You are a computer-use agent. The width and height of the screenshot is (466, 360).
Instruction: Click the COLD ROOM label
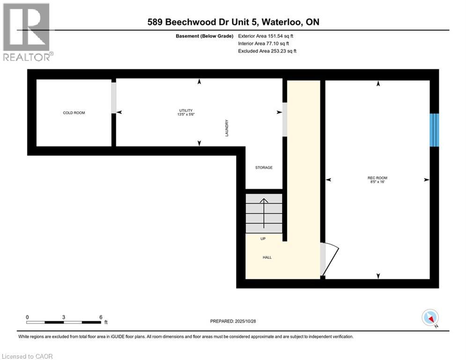pyautogui.click(x=74, y=113)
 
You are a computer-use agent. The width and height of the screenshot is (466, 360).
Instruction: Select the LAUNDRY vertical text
pyautogui.click(x=226, y=127)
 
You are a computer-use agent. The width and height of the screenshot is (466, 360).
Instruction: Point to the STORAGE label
pyautogui.click(x=264, y=167)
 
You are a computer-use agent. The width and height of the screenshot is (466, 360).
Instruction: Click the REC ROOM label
pyautogui.click(x=377, y=178)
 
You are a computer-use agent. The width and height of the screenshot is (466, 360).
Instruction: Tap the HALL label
pyautogui.click(x=267, y=257)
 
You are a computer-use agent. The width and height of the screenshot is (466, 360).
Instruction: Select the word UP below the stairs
pyautogui.click(x=263, y=239)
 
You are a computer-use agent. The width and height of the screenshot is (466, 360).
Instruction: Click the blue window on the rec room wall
pyautogui.click(x=435, y=130)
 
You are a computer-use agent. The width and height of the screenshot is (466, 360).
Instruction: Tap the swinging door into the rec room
pyautogui.click(x=331, y=261)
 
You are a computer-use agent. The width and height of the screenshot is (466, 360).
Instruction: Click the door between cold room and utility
pyautogui.click(x=113, y=97)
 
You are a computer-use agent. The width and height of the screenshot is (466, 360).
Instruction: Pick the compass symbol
pyautogui.click(x=429, y=318)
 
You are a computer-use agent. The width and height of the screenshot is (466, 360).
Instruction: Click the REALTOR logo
pyautogui.click(x=26, y=32)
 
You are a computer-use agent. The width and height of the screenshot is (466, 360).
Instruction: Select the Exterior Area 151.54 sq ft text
pyautogui.click(x=266, y=36)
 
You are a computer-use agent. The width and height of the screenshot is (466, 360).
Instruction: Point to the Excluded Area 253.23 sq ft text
pyautogui.click(x=267, y=51)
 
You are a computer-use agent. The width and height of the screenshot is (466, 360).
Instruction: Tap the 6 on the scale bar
pyautogui.click(x=101, y=317)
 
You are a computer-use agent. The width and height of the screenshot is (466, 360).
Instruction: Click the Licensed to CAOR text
pyautogui.click(x=27, y=356)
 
